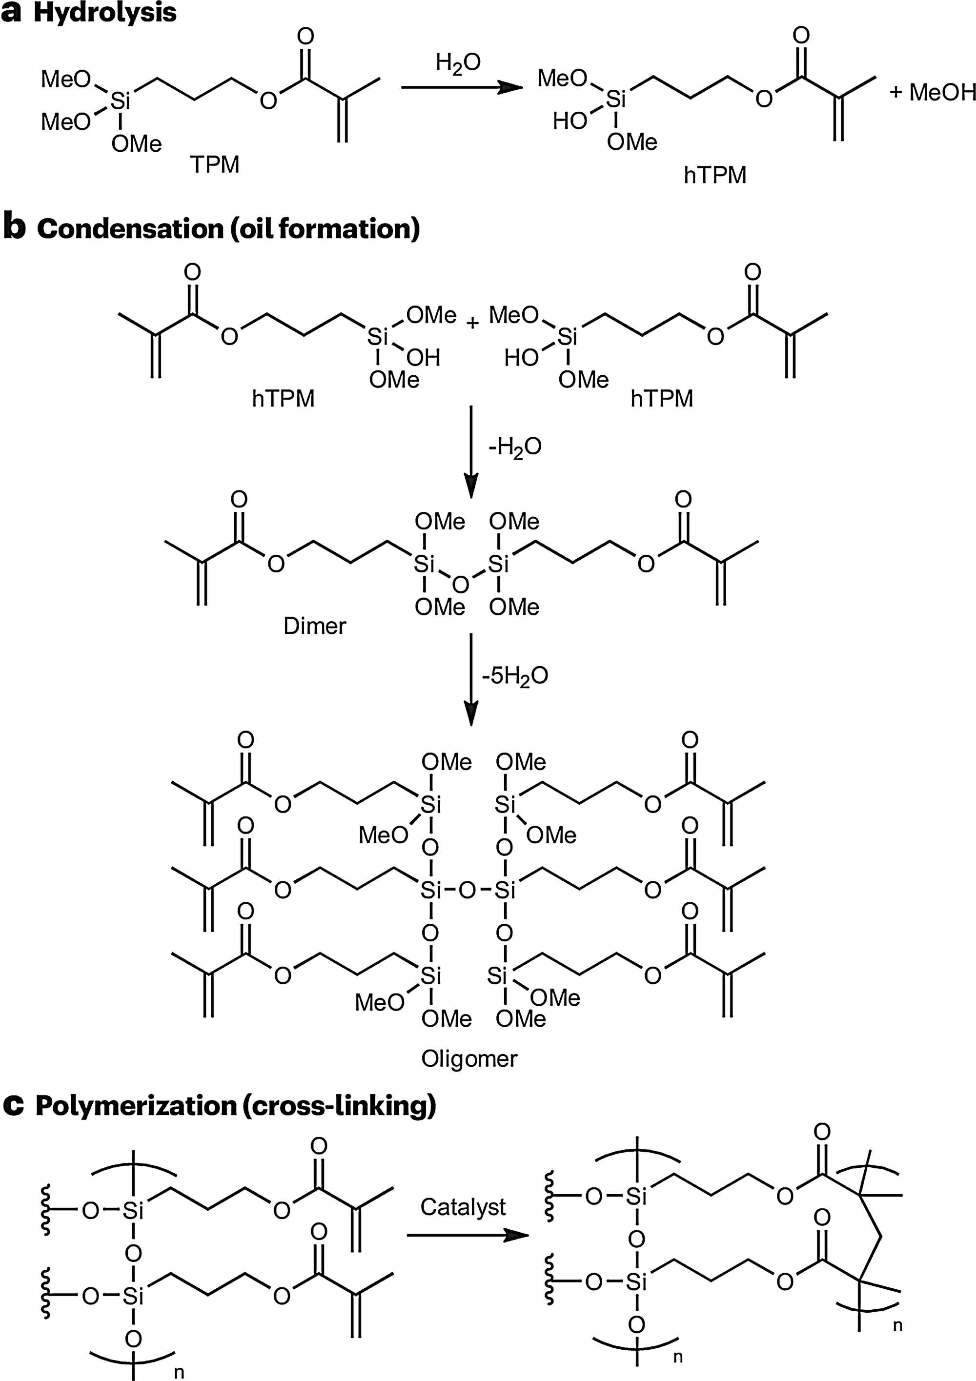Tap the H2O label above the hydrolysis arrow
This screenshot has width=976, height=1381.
[x=458, y=63]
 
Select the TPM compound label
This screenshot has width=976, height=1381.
[x=215, y=164]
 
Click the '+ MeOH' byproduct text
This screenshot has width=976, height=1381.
[x=932, y=92]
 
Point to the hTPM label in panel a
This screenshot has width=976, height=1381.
[x=715, y=175]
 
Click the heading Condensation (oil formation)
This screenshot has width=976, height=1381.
[x=228, y=229]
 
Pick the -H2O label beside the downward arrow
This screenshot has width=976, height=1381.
[x=514, y=447]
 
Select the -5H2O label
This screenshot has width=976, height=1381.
[x=515, y=676]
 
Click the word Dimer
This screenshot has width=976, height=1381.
[x=314, y=626]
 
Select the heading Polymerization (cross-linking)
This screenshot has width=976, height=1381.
[x=235, y=1105]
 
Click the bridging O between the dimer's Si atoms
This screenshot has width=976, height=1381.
[x=461, y=584]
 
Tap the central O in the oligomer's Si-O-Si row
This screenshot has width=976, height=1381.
[x=467, y=890]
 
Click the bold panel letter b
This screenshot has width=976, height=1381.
[x=15, y=228]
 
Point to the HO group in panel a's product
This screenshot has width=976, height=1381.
[x=569, y=121]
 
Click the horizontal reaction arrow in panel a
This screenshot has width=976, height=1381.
[x=461, y=88]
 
